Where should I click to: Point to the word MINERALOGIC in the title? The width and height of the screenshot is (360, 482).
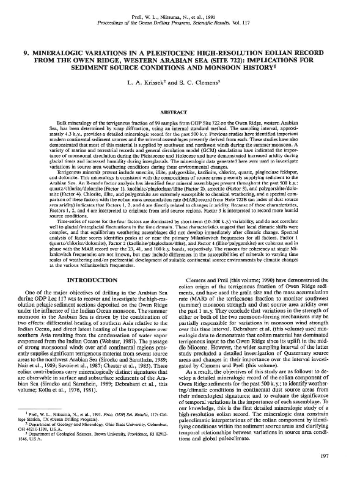pyautogui.click(x=74, y=53)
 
